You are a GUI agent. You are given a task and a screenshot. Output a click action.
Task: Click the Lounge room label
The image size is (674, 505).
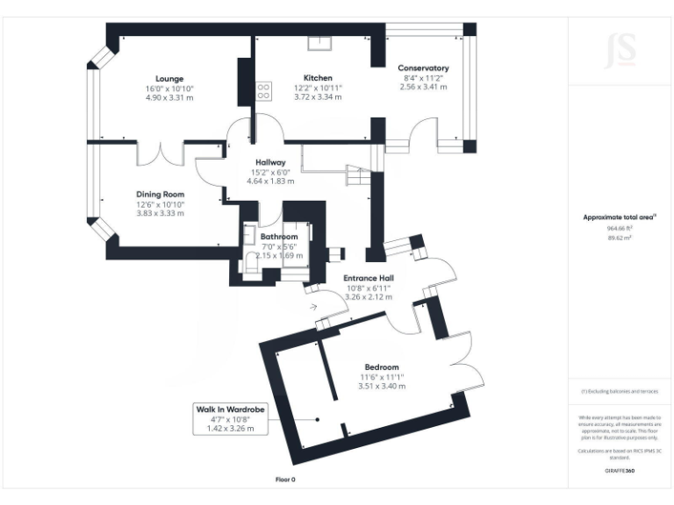[168, 79]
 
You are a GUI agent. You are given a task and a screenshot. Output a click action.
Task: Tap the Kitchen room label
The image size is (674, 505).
[318, 78]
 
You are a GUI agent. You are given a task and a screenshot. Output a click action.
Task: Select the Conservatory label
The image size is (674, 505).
[423, 68]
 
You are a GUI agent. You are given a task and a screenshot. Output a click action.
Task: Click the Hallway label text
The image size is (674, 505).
[272, 162]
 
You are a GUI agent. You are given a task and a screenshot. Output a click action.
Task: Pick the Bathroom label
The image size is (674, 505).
[278, 237]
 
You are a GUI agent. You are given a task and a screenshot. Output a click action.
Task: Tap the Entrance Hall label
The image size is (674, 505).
[368, 277]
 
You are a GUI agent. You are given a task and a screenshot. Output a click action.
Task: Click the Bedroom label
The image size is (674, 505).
[379, 366]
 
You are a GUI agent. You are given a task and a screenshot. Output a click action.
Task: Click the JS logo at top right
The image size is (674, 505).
[620, 49]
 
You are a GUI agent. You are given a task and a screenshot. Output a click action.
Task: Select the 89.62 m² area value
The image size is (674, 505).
[620, 238]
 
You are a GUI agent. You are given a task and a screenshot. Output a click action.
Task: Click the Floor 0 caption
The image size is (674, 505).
[285, 480]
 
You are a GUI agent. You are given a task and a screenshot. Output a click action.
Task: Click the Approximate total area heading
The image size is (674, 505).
[620, 217]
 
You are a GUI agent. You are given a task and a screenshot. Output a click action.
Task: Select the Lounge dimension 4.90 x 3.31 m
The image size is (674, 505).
[168, 98]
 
